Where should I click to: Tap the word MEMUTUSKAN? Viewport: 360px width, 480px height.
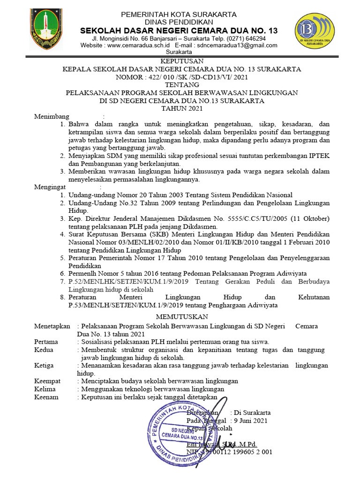[182, 317]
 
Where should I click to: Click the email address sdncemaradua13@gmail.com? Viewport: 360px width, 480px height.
[237, 45]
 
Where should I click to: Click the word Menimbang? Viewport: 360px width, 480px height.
[52, 117]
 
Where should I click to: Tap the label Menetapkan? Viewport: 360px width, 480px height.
[52, 326]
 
